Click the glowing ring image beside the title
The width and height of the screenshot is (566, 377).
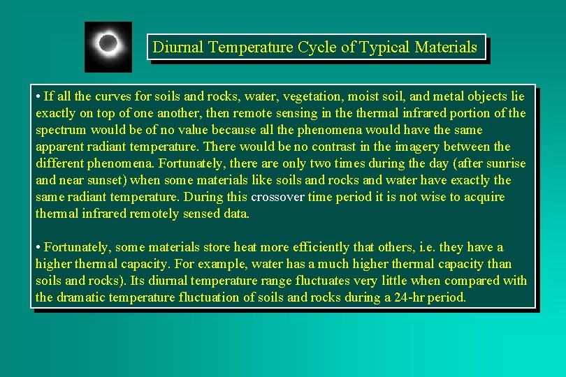click(108, 46)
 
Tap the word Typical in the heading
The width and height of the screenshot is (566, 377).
click(384, 47)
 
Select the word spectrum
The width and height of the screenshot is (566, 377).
click(61, 130)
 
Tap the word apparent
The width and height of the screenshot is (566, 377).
click(59, 147)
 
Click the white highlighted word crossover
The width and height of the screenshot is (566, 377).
click(277, 197)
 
